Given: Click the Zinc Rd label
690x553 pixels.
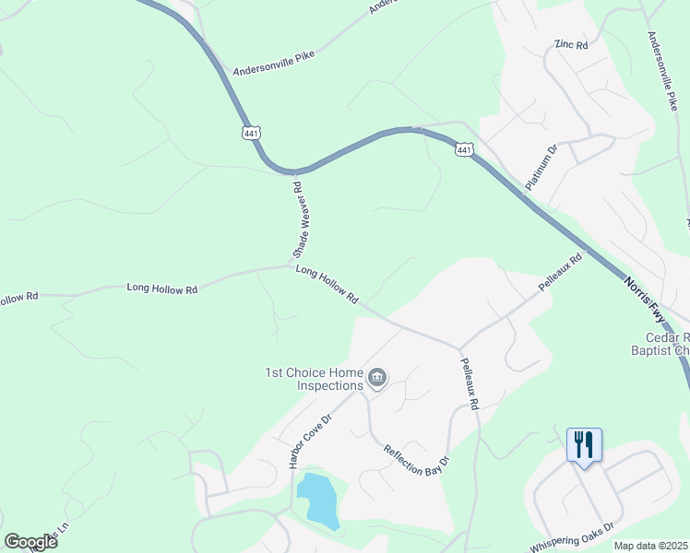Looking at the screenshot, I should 570,43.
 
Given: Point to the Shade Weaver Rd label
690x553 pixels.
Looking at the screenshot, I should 298,218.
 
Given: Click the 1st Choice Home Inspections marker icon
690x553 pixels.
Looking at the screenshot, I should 376,378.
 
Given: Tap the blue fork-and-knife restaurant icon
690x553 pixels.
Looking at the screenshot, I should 584,445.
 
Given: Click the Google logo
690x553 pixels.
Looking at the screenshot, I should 30,542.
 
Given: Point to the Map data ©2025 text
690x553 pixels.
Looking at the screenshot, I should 651,546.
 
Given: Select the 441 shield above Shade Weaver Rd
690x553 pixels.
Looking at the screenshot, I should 252,134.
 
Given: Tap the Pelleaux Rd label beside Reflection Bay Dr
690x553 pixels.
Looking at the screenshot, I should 467,385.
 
